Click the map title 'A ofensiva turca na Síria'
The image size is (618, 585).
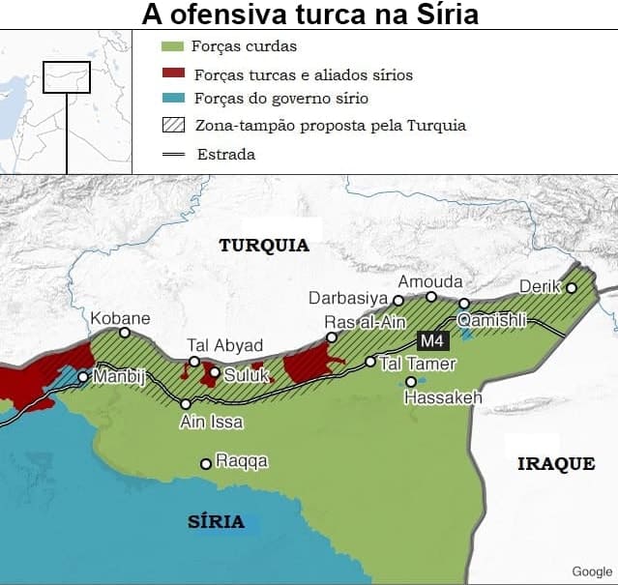point(309,15)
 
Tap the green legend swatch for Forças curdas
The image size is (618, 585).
point(173,46)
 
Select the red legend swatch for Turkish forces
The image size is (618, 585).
point(173,73)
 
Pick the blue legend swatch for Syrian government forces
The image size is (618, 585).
point(173,99)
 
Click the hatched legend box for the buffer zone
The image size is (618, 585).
point(173,125)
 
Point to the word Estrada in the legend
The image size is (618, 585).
point(225,154)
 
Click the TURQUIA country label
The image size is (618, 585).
point(264,246)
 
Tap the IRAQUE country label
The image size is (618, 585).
point(556,464)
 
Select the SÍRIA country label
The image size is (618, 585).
point(216,522)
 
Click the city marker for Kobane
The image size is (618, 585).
point(125,333)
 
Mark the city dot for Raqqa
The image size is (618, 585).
point(205,464)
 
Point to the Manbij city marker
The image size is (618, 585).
point(83,377)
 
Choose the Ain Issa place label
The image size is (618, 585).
point(212,423)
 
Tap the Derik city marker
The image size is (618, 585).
point(572,287)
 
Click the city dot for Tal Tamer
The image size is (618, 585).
point(369,362)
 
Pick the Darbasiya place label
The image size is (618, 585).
point(347,299)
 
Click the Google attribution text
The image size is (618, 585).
point(592,571)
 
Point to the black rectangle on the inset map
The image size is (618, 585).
point(67,77)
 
